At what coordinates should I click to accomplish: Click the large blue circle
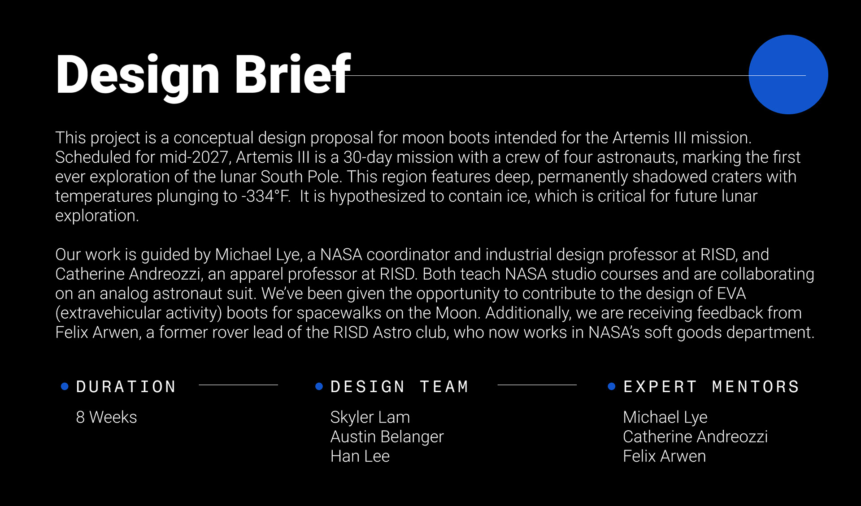point(788,74)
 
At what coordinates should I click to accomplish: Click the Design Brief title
point(203,75)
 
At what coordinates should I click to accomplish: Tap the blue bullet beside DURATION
point(65,386)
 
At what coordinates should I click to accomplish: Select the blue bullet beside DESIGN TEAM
point(319,386)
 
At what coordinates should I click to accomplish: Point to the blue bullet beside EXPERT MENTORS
point(611,386)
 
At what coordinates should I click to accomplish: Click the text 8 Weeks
point(106,417)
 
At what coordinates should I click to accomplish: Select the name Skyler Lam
point(370,417)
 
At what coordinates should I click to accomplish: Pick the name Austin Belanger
point(387,437)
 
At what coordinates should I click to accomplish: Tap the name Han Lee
point(360,456)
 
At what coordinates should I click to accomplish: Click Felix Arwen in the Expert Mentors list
point(664,456)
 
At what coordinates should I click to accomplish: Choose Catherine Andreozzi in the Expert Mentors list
point(695,437)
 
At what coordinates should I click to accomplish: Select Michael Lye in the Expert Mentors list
point(665,417)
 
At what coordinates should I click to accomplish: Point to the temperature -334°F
point(265,196)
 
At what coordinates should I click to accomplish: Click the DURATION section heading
point(126,386)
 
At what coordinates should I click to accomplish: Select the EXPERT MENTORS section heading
point(711,386)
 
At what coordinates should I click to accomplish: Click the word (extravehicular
point(108,313)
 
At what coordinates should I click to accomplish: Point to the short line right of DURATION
point(238,385)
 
